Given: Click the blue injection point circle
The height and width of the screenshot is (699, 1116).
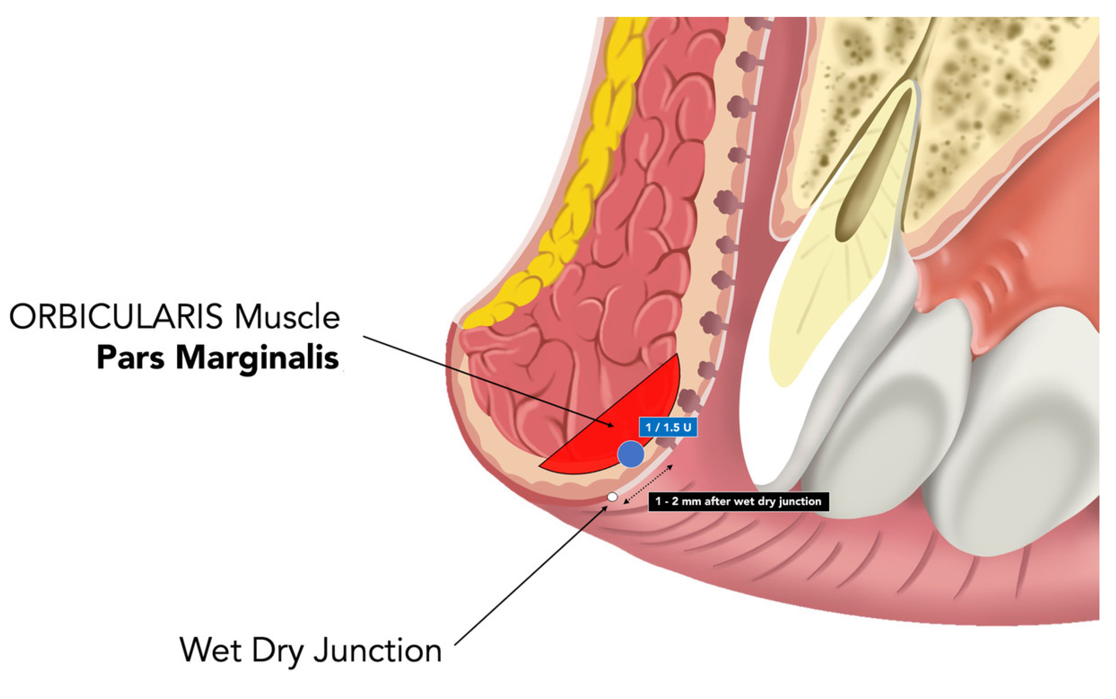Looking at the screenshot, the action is (x=630, y=454).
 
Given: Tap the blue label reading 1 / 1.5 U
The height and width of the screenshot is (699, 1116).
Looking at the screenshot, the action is (x=668, y=427).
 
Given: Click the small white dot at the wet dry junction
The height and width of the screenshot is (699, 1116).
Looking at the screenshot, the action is (x=612, y=497).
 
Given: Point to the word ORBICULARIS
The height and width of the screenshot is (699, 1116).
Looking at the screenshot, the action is (x=115, y=318).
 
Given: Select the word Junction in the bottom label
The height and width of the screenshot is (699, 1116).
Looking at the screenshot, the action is (x=378, y=651).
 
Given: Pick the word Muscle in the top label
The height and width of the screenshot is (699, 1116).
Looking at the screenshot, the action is (x=287, y=318).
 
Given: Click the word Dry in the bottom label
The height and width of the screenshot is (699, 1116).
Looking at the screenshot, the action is (x=277, y=651).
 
